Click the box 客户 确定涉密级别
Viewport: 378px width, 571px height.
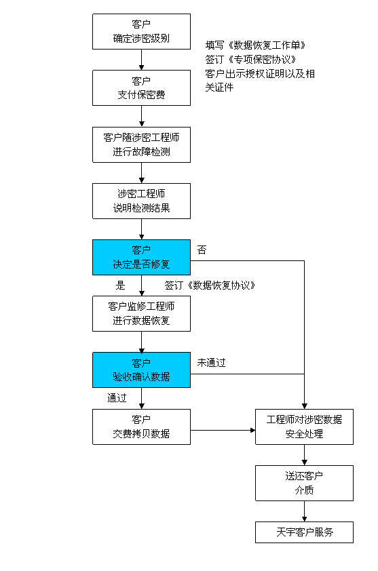[141, 32]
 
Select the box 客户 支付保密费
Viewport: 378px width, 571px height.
[141, 87]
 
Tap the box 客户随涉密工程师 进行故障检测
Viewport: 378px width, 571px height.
[141, 144]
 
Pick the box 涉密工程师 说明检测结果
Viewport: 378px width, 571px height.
[141, 201]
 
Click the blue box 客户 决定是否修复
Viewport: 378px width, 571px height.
[141, 257]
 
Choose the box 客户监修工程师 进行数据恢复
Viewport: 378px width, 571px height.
[141, 313]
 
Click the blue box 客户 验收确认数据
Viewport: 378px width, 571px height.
[141, 370]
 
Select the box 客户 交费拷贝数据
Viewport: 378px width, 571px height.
[141, 427]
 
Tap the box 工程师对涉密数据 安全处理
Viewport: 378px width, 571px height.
[305, 427]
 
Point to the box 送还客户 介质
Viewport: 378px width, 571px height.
[305, 484]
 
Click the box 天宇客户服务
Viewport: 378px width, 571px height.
[305, 532]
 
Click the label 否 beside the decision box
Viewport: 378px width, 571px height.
[202, 250]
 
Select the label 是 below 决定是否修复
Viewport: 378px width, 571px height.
[120, 285]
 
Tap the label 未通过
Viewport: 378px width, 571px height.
[212, 363]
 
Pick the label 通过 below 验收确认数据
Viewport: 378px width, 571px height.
[117, 397]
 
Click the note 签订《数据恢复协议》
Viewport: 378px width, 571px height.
[210, 285]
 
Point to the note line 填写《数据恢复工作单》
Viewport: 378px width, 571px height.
[256, 45]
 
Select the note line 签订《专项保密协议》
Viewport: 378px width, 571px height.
[251, 59]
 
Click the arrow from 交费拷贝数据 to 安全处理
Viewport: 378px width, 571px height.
[223, 431]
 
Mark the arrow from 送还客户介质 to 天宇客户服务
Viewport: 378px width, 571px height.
[305, 511]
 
